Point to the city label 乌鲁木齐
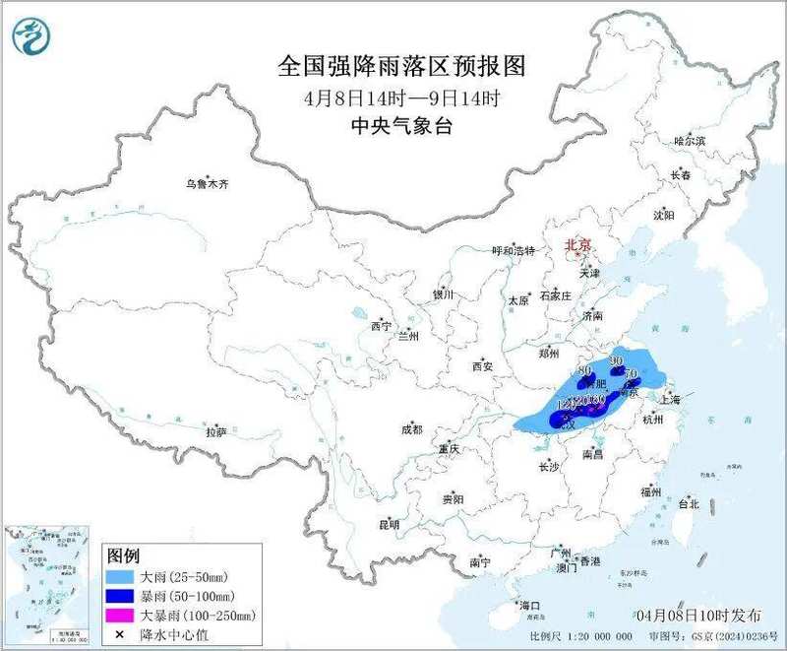click(x=207, y=183)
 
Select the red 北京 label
click(x=576, y=244)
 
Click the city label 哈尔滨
click(x=690, y=142)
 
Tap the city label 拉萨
click(x=216, y=432)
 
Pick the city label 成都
click(x=411, y=429)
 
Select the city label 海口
click(x=529, y=605)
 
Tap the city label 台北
click(x=688, y=504)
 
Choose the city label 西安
click(x=481, y=366)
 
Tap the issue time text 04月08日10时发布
click(x=704, y=615)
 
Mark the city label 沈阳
click(x=664, y=215)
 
